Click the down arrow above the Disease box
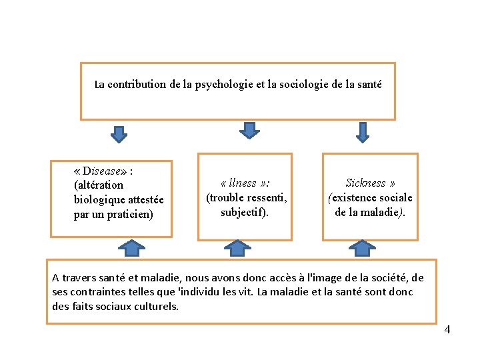[118, 134]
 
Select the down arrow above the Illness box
[249, 130]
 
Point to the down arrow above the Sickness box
[362, 132]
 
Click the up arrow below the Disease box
[132, 249]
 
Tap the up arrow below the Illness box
[237, 249]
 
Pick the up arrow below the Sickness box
[362, 249]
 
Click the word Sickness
[365, 183]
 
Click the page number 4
[447, 329]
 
